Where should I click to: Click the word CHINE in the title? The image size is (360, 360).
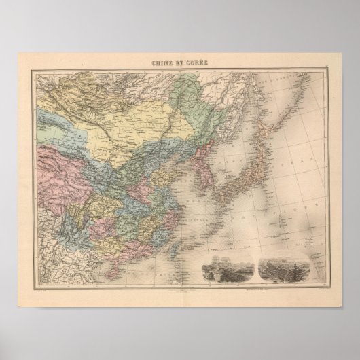point(162,63)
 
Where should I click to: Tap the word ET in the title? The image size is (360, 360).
point(181,63)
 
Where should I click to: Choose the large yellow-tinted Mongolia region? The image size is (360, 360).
point(122,122)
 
